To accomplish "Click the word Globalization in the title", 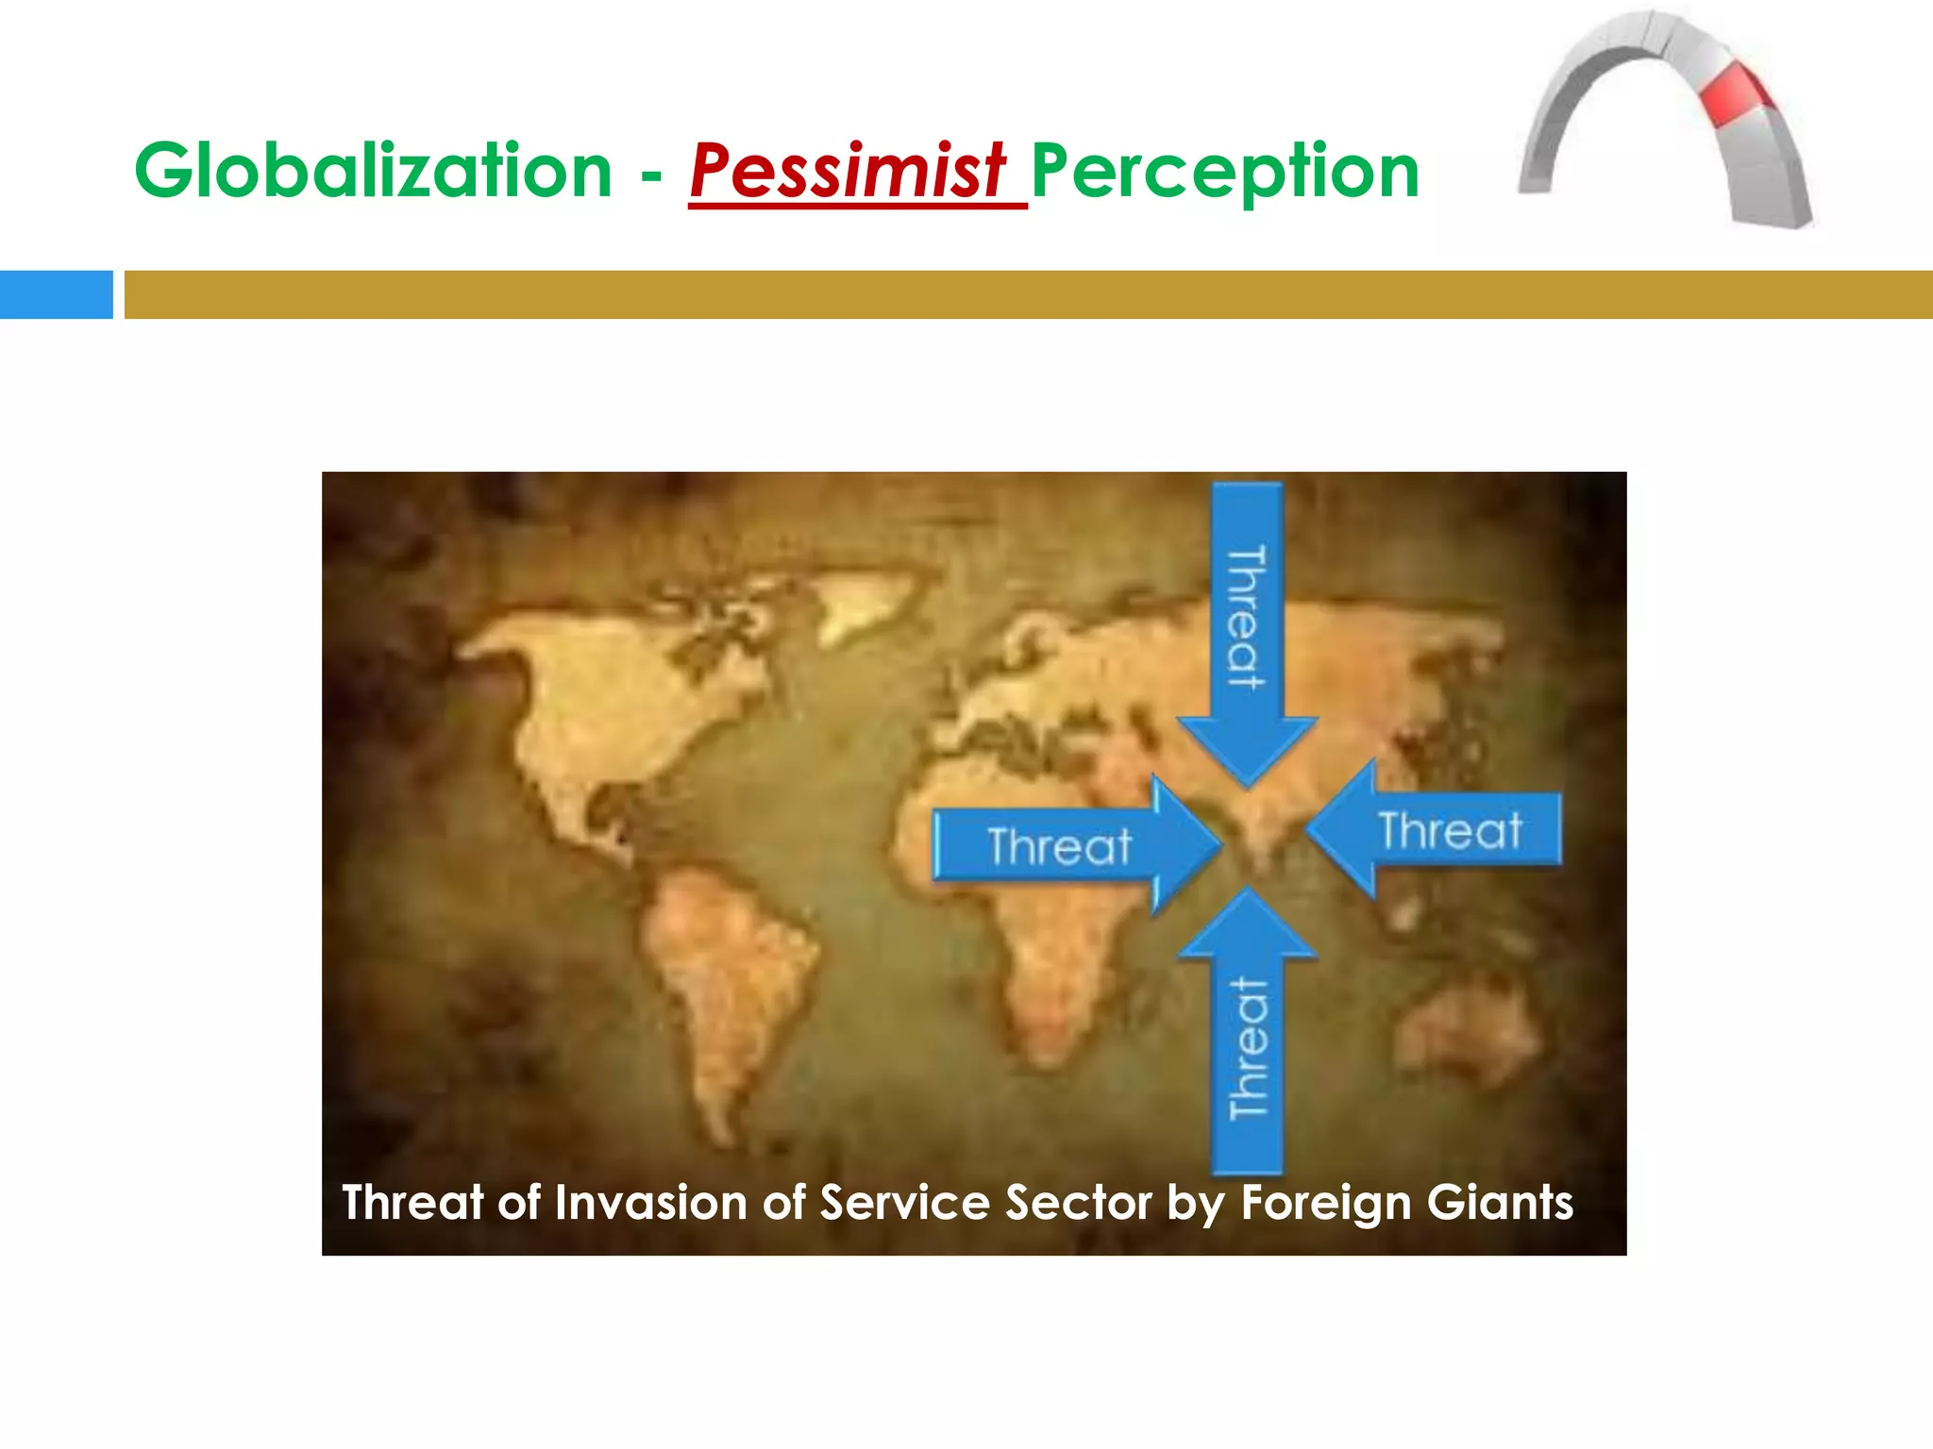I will click(x=373, y=172).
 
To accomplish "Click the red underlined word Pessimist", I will click(x=848, y=172).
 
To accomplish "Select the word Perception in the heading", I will click(x=1224, y=172).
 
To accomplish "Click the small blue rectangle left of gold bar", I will click(x=56, y=294).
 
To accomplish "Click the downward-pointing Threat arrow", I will click(x=1247, y=632).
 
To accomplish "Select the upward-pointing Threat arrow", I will click(x=1247, y=1038).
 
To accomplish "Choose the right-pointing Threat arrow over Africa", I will click(x=1067, y=845).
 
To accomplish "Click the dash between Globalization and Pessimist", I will click(x=651, y=175).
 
